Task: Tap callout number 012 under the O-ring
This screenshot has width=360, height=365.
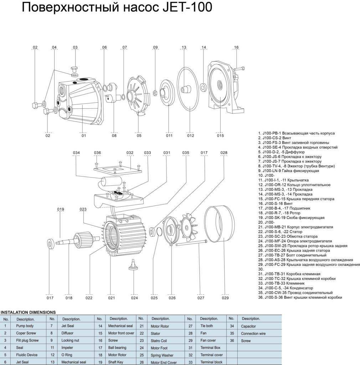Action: point(190,135)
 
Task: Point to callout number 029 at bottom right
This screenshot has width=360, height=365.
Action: point(225,298)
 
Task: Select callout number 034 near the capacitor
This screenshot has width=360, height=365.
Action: point(76,153)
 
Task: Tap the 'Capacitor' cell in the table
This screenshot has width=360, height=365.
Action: point(248,326)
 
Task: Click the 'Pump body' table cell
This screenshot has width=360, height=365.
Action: point(25,326)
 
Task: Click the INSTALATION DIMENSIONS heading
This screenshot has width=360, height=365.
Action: point(28,312)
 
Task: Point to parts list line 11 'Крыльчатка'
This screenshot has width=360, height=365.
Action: point(283,180)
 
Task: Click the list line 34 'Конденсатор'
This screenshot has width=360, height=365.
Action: point(286,288)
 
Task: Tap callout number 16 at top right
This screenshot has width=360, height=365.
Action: point(236,47)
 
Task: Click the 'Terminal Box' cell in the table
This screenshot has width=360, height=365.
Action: point(210,348)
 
